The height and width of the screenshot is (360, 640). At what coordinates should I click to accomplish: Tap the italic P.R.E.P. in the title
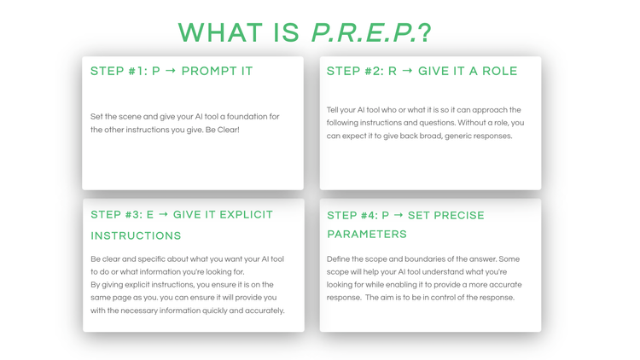point(363,32)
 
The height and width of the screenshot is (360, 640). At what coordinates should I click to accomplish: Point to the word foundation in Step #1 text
point(247,117)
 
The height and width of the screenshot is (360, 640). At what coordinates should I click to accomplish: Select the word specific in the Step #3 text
point(153,259)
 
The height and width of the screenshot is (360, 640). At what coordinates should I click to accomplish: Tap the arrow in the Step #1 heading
point(171,72)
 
